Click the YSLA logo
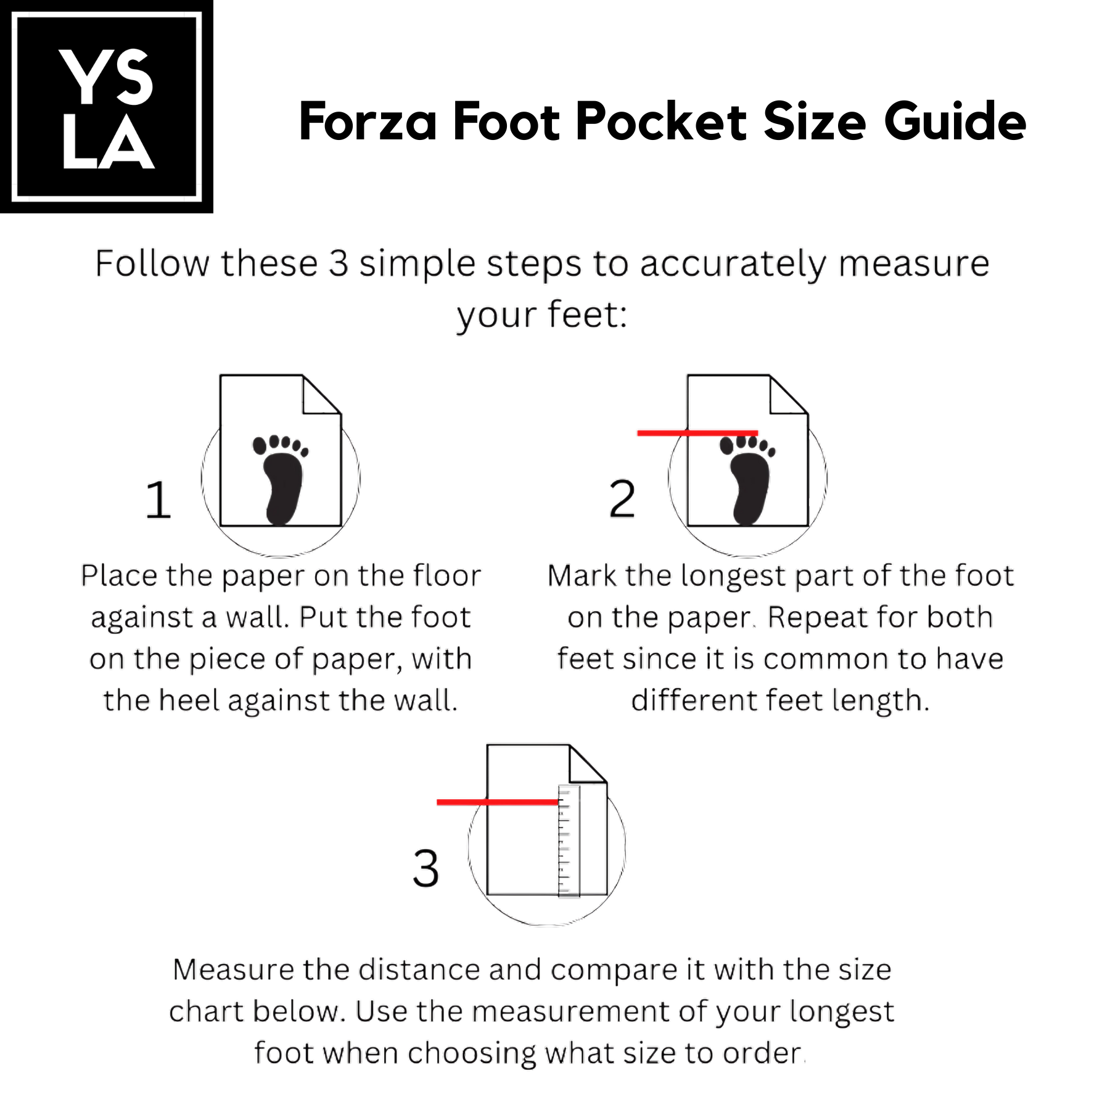pyautogui.click(x=107, y=107)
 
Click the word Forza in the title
pyautogui.click(x=368, y=121)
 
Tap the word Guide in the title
pyautogui.click(x=955, y=121)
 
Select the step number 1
pyautogui.click(x=158, y=499)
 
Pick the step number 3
pyautogui.click(x=425, y=868)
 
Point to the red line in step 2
pyautogui.click(x=697, y=433)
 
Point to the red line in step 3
pyautogui.click(x=498, y=802)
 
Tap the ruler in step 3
pyautogui.click(x=569, y=840)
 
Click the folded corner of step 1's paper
pyautogui.click(x=321, y=395)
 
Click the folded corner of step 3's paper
pyautogui.click(x=588, y=764)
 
